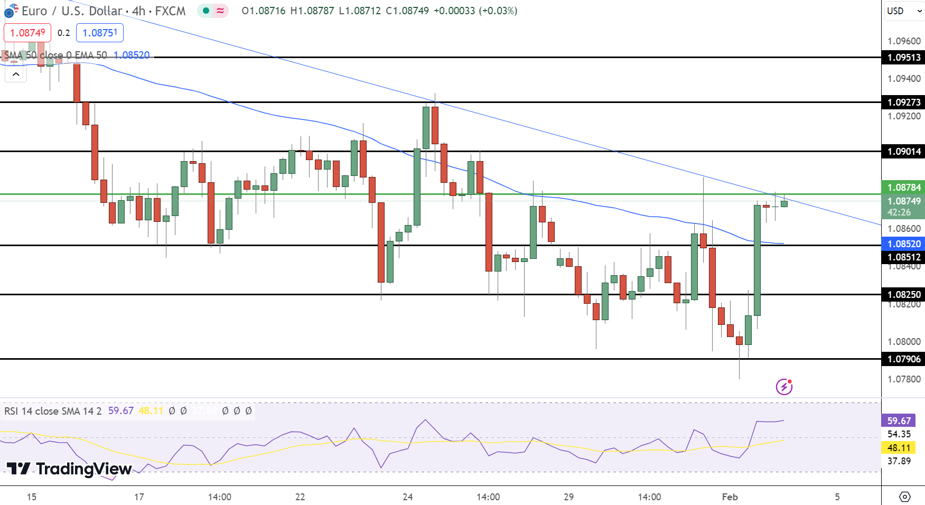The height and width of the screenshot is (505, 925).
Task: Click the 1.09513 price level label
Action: tap(903, 58)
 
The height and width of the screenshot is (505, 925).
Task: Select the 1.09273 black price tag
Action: tap(903, 102)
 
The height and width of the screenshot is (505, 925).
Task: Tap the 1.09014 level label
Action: tap(903, 152)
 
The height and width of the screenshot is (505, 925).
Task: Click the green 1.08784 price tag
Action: tap(903, 188)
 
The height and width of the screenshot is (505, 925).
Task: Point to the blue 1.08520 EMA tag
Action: tap(903, 244)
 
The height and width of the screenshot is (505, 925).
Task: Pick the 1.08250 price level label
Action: tap(903, 295)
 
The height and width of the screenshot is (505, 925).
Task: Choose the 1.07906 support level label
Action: tap(903, 359)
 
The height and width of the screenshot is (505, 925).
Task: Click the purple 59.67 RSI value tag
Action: tap(899, 421)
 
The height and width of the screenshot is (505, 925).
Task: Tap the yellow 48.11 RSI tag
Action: tap(899, 448)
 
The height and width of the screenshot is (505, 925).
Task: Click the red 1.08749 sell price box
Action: tap(27, 33)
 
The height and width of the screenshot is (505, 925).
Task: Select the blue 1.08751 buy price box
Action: tap(100, 33)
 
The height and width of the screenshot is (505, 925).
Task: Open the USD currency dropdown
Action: tap(903, 11)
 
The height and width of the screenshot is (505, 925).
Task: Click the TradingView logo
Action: tap(69, 469)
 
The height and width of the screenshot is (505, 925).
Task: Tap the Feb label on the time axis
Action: tap(730, 497)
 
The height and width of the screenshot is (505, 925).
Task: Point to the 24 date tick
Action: tap(407, 497)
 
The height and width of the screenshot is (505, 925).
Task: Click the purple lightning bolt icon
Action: tap(784, 387)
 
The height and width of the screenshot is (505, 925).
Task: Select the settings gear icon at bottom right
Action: tap(904, 497)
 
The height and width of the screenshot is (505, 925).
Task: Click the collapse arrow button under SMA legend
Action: tap(16, 74)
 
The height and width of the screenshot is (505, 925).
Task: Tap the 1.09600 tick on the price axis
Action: tap(904, 41)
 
